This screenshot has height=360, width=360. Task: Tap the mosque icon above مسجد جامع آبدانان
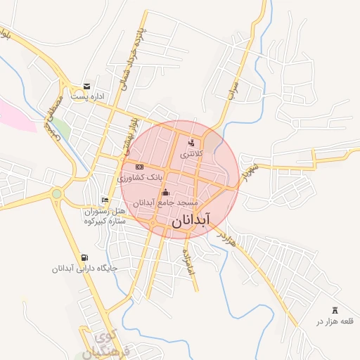coord(166,193)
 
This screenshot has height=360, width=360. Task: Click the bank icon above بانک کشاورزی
coord(139,167)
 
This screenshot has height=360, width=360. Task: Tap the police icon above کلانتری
coord(192,143)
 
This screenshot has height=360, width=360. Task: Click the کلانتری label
coord(191,153)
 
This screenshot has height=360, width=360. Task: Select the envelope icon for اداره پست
coord(86,86)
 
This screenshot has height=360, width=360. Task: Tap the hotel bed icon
coord(105,200)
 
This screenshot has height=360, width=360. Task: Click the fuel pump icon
coord(85,257)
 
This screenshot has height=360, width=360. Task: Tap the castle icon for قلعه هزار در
coord(334,310)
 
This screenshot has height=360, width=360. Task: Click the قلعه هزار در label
coord(333,321)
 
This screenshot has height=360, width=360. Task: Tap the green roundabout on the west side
coord(57,193)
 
